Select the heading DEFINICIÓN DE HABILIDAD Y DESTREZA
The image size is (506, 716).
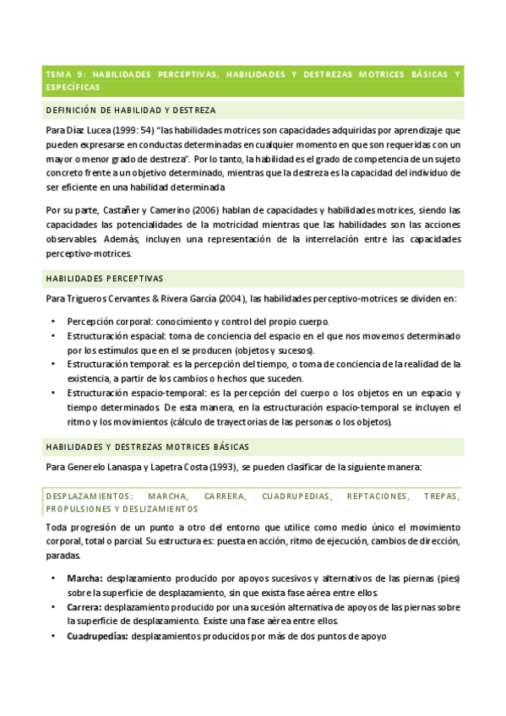pyautogui.click(x=130, y=111)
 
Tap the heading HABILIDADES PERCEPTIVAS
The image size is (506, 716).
pyautogui.click(x=104, y=278)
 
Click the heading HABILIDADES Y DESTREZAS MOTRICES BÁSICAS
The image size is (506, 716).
pyautogui.click(x=146, y=446)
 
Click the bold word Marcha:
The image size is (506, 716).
pyautogui.click(x=84, y=578)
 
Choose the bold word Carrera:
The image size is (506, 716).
pyautogui.click(x=86, y=606)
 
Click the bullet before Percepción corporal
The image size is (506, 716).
pyautogui.click(x=53, y=322)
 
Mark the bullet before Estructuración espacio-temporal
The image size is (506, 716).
pyautogui.click(x=53, y=393)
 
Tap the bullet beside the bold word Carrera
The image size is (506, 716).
pyautogui.click(x=53, y=606)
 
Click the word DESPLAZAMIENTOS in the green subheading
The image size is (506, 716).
pyautogui.click(x=89, y=496)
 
